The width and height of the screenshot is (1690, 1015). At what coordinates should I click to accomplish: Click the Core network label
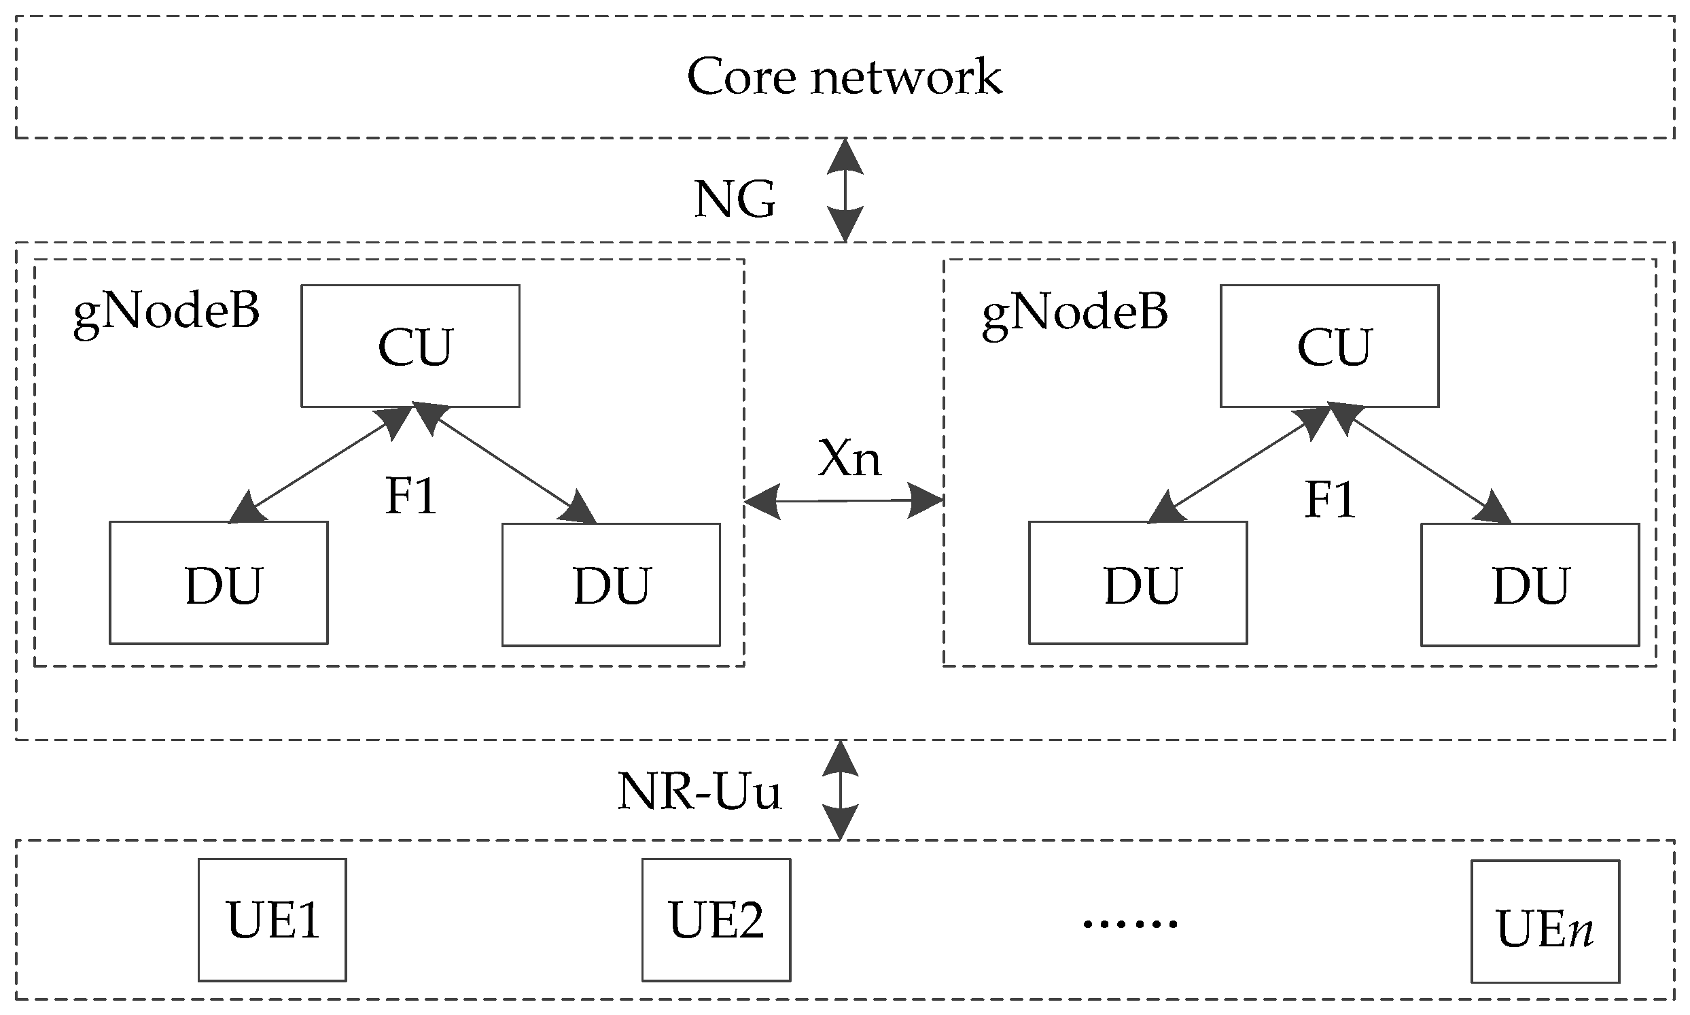(844, 77)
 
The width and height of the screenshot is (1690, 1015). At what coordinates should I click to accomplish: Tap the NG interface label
(735, 199)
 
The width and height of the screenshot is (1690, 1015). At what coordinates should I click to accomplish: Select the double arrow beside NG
(846, 190)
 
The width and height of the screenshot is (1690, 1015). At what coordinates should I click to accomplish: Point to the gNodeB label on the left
(166, 313)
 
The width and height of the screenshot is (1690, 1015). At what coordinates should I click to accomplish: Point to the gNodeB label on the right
(1075, 313)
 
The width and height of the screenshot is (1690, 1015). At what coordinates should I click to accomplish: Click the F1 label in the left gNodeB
(411, 496)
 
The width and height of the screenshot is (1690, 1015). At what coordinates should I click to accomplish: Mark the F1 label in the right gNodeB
(1331, 500)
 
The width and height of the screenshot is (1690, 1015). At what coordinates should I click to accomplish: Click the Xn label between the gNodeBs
(849, 458)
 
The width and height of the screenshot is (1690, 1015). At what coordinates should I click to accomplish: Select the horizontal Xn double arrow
(843, 501)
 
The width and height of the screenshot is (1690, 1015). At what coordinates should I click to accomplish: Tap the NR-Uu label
(699, 791)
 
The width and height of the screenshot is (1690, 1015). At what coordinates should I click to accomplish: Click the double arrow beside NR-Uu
(839, 790)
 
